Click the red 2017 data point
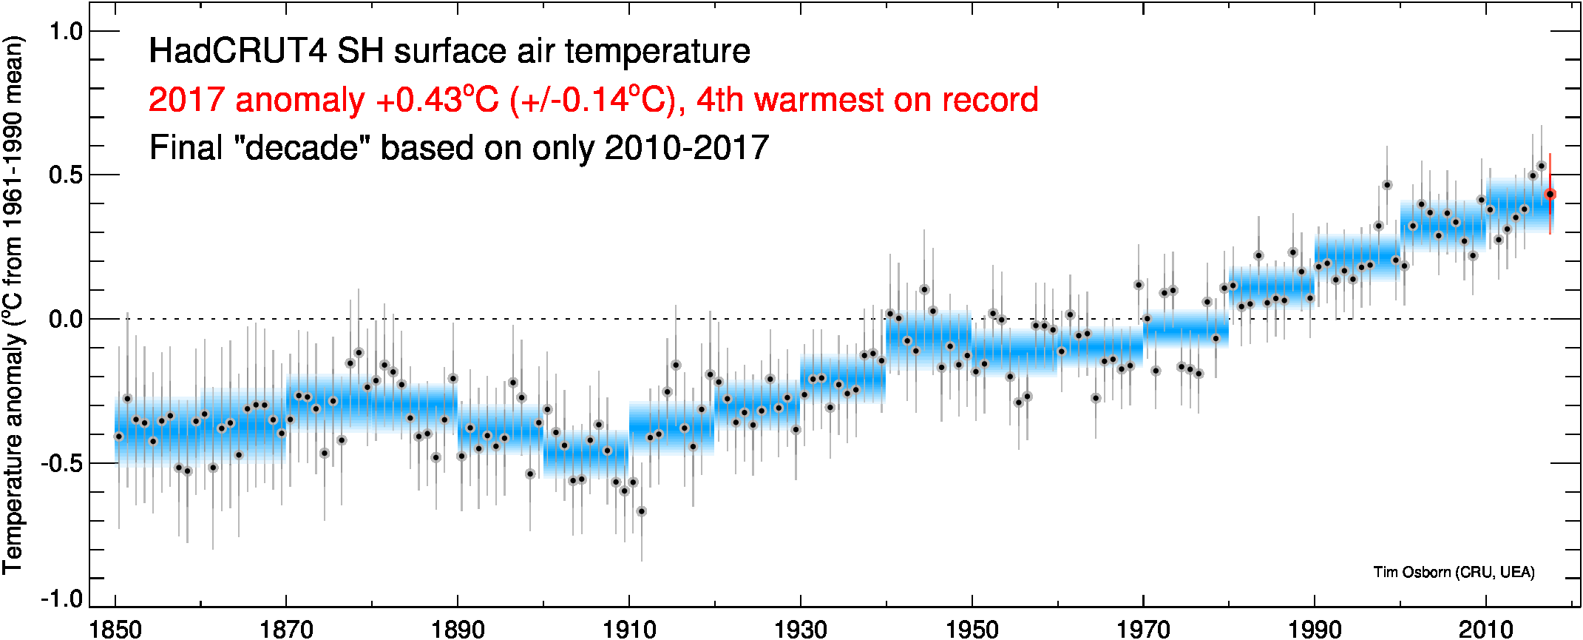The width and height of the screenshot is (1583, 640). (1550, 195)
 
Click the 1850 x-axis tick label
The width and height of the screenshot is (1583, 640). (115, 630)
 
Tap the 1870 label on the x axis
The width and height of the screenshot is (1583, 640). (286, 630)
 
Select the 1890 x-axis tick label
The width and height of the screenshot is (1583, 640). (458, 630)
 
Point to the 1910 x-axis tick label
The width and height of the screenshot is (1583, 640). (629, 630)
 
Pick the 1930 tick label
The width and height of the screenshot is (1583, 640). (800, 630)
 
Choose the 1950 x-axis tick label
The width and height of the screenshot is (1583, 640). (972, 630)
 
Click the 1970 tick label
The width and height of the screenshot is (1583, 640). (1143, 630)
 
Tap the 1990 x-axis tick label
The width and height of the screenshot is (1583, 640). (1314, 630)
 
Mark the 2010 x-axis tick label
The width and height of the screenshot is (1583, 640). (1485, 630)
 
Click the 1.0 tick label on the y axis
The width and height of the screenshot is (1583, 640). (65, 32)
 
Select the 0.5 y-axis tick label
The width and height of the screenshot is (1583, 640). (65, 175)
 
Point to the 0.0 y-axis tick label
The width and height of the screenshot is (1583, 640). (65, 320)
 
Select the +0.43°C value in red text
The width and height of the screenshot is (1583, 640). (437, 100)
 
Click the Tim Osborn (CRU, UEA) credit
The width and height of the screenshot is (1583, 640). (1454, 572)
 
